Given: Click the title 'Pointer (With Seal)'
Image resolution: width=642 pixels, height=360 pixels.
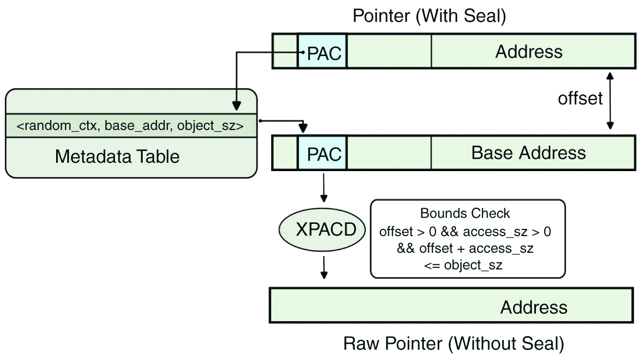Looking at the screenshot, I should (429, 17).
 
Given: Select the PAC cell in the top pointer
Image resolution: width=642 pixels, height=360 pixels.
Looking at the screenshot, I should (322, 52).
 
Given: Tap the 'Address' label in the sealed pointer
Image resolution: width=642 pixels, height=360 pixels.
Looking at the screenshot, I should (529, 52).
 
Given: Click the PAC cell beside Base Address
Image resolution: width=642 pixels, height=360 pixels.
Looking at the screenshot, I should (322, 153).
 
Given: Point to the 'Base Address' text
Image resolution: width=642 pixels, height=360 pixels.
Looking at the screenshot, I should (528, 153).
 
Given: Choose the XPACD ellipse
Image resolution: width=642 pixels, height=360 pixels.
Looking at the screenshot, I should (325, 229).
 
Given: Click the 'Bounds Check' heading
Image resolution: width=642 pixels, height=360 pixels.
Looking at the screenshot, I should (465, 213).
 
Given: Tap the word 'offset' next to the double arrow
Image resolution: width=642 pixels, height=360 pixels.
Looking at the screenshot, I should (580, 98).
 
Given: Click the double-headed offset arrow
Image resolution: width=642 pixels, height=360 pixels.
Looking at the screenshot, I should (610, 101).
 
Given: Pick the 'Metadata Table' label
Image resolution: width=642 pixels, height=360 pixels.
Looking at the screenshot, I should (117, 157).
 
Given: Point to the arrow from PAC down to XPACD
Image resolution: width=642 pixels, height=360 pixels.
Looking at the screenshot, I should (324, 188).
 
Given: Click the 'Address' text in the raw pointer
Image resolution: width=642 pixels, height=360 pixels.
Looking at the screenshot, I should (534, 307).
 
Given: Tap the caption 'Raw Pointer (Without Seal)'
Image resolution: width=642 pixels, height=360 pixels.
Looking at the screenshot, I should (454, 344).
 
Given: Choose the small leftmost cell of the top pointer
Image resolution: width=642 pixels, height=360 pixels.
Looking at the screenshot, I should (285, 52).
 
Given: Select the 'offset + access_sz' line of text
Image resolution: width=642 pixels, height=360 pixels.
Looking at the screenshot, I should (465, 248).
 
